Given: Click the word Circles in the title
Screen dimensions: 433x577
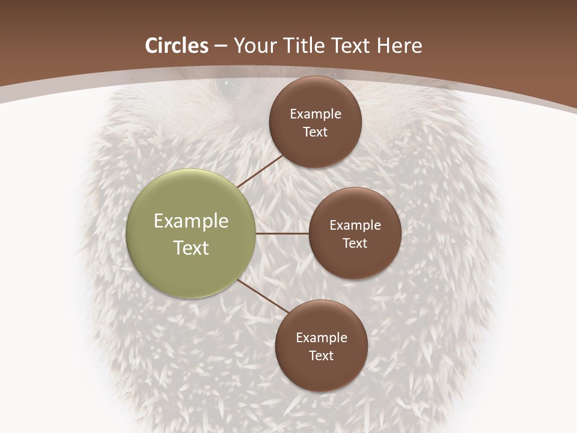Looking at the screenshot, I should tap(177, 46).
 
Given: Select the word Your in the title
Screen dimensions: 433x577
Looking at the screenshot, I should tap(253, 46).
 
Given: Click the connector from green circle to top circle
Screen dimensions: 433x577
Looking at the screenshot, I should tap(260, 171).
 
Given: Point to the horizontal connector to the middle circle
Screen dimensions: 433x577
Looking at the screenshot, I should tap(282, 233).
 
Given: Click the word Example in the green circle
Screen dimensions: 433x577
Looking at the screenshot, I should tap(191, 221).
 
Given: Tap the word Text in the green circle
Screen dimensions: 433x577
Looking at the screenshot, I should tap(191, 248).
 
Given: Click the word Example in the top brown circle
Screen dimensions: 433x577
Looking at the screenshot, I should tap(316, 114).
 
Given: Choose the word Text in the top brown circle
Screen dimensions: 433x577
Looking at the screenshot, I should tap(315, 132).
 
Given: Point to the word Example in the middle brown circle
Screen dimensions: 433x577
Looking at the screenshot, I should tap(355, 226).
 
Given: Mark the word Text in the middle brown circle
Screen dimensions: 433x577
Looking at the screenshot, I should tap(355, 243).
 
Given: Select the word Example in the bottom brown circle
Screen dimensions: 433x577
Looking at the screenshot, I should tap(322, 338).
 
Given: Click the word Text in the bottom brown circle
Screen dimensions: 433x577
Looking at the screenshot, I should tap(321, 355).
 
